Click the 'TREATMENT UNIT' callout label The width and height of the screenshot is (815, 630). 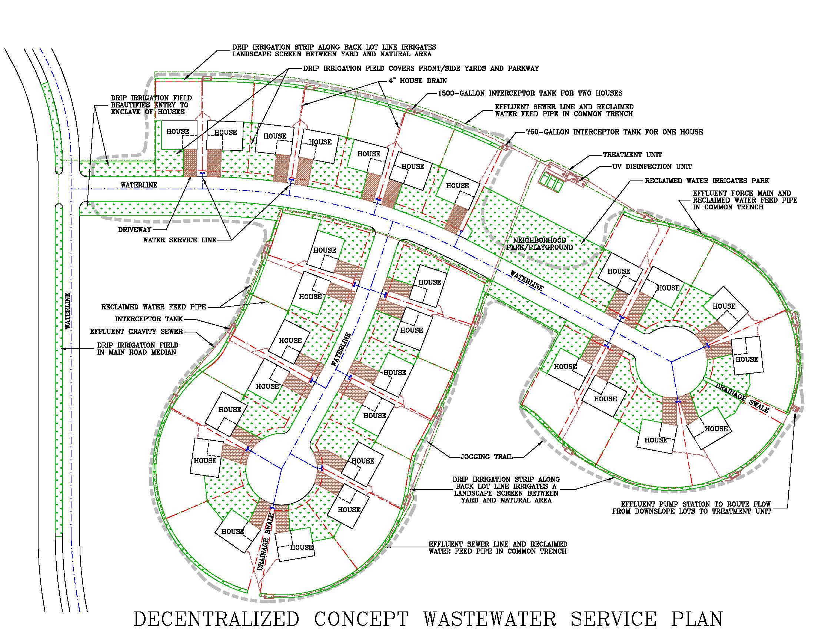click(632, 155)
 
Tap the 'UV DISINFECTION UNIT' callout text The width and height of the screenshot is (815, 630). click(652, 166)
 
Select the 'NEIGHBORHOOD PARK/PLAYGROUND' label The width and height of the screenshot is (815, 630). click(539, 244)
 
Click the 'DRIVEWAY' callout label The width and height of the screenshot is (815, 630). click(135, 229)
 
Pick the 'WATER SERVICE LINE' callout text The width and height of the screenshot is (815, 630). click(180, 240)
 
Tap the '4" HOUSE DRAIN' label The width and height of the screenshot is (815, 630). click(418, 81)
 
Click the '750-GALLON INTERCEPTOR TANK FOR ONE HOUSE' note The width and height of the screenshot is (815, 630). click(614, 132)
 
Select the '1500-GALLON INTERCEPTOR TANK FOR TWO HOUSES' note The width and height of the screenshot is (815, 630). click(530, 93)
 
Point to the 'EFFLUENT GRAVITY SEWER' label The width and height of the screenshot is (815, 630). click(136, 331)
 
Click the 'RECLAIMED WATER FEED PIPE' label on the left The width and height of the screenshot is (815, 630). click(153, 307)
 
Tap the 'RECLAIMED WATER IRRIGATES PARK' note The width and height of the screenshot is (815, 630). click(707, 180)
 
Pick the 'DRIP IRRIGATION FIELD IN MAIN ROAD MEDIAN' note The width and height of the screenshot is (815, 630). click(137, 349)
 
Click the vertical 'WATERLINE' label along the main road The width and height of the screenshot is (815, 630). click(67, 311)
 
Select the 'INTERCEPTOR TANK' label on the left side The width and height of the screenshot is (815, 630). click(149, 319)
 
